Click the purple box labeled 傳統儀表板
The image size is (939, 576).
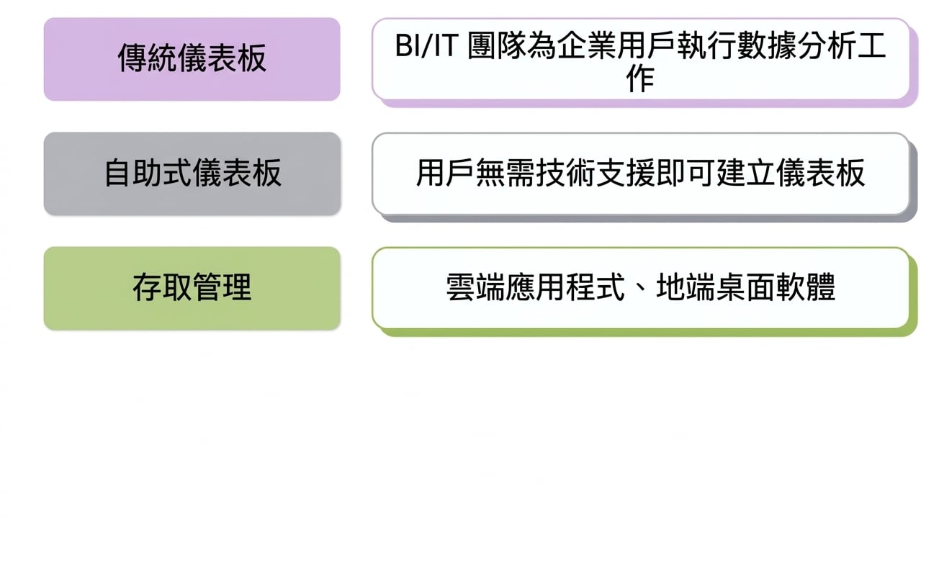[x=192, y=59]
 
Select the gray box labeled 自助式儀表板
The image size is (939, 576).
[x=192, y=174]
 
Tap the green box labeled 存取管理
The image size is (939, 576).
[x=192, y=288]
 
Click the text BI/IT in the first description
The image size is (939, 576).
[x=426, y=45]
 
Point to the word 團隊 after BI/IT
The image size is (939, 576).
[x=497, y=45]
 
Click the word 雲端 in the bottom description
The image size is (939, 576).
[x=475, y=287]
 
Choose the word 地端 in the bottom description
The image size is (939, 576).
[x=686, y=287]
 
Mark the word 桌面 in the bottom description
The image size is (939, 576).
[x=746, y=287]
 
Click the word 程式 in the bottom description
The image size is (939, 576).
[x=596, y=287]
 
